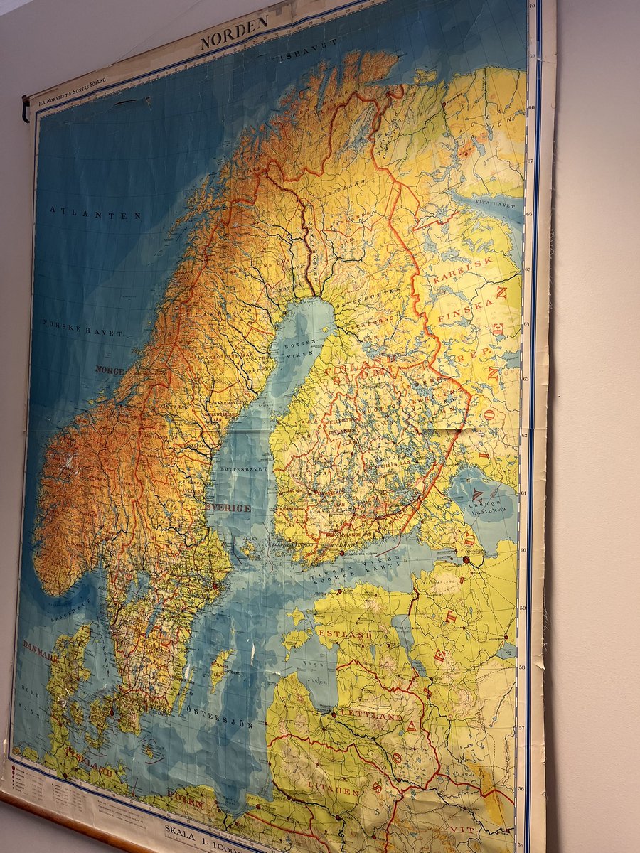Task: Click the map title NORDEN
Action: [x=234, y=33]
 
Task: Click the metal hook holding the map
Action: [x=26, y=108]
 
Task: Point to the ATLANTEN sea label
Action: [x=96, y=213]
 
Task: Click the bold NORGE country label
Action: [x=110, y=370]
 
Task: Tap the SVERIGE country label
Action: [x=228, y=508]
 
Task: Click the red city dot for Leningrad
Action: [x=466, y=559]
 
